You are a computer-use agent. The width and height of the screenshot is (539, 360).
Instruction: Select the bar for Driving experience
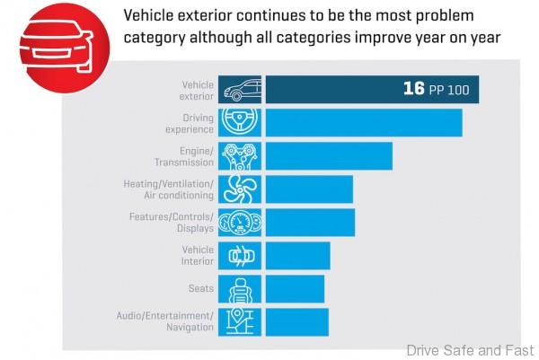(364, 123)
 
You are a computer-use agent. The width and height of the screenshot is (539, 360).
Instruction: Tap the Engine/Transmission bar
(329, 155)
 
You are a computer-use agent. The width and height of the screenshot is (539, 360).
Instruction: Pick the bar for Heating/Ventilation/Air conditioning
(309, 189)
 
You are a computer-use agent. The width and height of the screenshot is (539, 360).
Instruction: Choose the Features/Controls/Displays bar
(310, 222)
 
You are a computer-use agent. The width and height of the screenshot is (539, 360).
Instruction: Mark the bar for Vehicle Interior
(297, 255)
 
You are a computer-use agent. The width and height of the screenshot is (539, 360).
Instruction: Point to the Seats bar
(295, 288)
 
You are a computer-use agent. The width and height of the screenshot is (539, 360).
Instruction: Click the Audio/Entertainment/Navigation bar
(297, 321)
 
